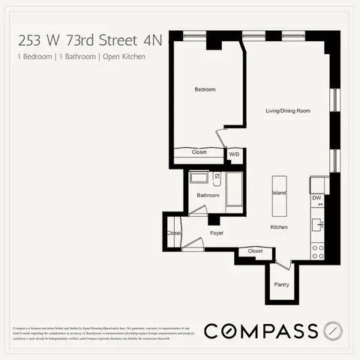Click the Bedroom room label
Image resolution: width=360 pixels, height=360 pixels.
coord(205,90)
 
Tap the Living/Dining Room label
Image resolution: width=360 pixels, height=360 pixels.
coord(288,111)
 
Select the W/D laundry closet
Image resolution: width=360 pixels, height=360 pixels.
coord(234,154)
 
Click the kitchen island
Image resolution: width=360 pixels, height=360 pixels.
coord(279,193)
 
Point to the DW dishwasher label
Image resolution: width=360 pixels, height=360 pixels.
coord(316,198)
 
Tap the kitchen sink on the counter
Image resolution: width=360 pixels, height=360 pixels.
coord(318,223)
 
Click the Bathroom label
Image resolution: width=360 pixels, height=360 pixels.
coord(208,196)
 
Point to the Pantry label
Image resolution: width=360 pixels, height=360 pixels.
coord(281,285)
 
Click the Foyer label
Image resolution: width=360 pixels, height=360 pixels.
coord(217,233)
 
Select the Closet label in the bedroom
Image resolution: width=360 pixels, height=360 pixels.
coord(199,152)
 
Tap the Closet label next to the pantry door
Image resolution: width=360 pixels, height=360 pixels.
coord(255,250)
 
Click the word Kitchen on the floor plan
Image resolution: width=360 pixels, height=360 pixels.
coord(279,226)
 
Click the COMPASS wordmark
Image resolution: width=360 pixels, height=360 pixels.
coord(260,330)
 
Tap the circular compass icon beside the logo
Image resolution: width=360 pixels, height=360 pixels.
coord(335,330)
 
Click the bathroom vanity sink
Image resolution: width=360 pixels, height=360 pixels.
coord(199,178)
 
